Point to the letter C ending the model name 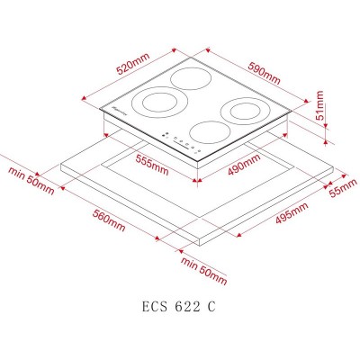[211, 306]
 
